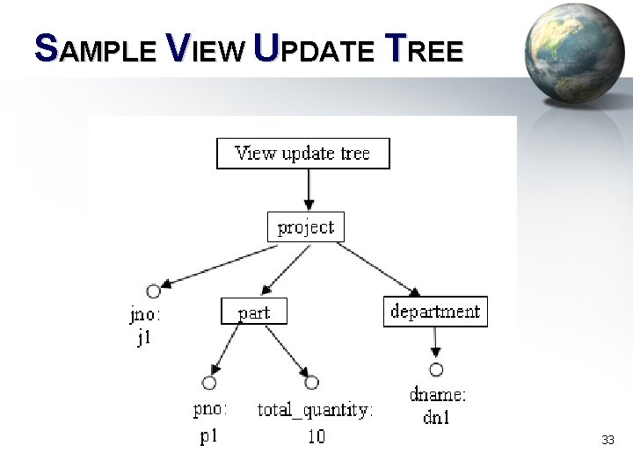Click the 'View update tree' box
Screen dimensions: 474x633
coord(302,154)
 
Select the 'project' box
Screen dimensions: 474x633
coord(306,227)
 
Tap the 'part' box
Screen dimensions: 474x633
coord(253,312)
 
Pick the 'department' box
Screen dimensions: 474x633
coord(435,312)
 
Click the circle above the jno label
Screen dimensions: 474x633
coord(154,291)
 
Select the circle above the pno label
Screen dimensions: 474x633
coord(209,383)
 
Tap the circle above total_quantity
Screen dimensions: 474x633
coord(311,383)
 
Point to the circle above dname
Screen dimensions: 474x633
coord(436,370)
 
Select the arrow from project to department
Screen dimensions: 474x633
coord(378,269)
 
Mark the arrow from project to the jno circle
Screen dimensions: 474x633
coord(220,265)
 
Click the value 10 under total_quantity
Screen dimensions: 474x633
coord(316,436)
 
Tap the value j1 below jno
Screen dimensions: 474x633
coord(144,338)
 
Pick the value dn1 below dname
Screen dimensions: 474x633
coord(437,418)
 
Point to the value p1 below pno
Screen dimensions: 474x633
coord(208,435)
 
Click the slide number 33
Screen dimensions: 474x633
coord(608,439)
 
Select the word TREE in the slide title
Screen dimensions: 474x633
coord(425,51)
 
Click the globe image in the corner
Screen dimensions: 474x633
coord(575,53)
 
